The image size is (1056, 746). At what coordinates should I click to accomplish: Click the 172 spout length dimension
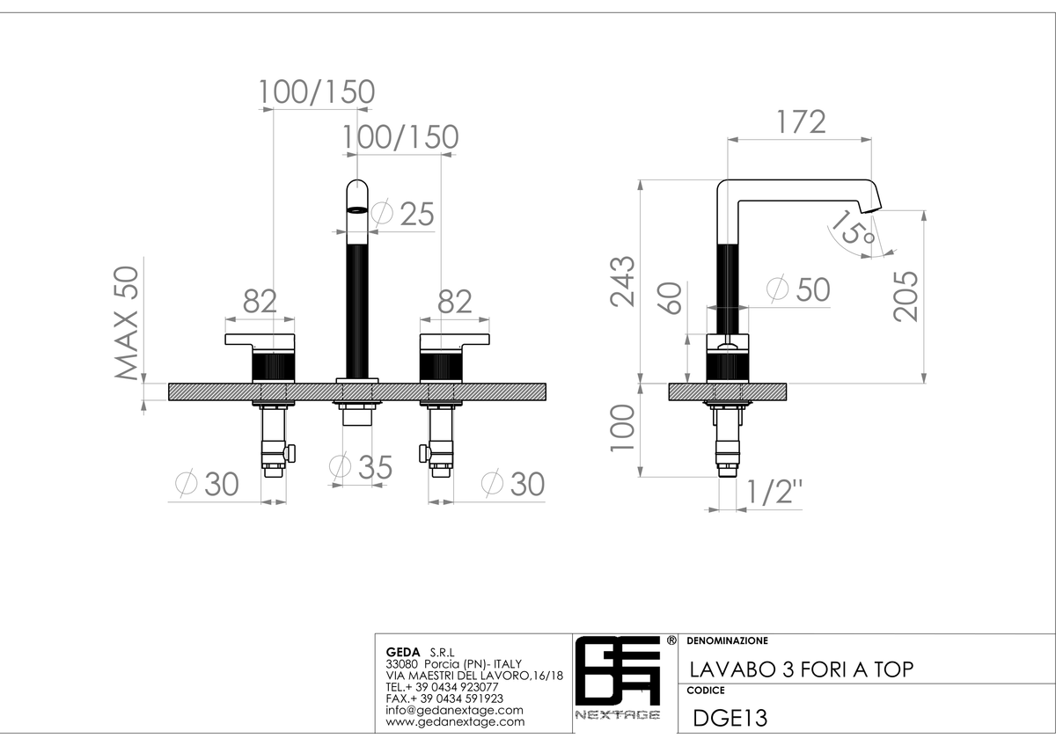pyautogui.click(x=801, y=122)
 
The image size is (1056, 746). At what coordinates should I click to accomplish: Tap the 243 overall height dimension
pyautogui.click(x=622, y=282)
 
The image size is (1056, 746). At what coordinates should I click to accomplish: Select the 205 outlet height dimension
pyautogui.click(x=906, y=296)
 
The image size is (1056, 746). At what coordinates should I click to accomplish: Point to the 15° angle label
pyautogui.click(x=852, y=228)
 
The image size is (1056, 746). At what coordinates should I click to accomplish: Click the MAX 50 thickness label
pyautogui.click(x=127, y=323)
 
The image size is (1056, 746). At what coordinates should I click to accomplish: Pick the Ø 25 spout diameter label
pyautogui.click(x=402, y=214)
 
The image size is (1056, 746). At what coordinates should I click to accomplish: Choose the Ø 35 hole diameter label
pyautogui.click(x=361, y=467)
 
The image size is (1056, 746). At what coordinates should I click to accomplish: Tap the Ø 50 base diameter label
pyautogui.click(x=798, y=289)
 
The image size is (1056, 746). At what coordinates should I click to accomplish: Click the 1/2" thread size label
pyautogui.click(x=774, y=492)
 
